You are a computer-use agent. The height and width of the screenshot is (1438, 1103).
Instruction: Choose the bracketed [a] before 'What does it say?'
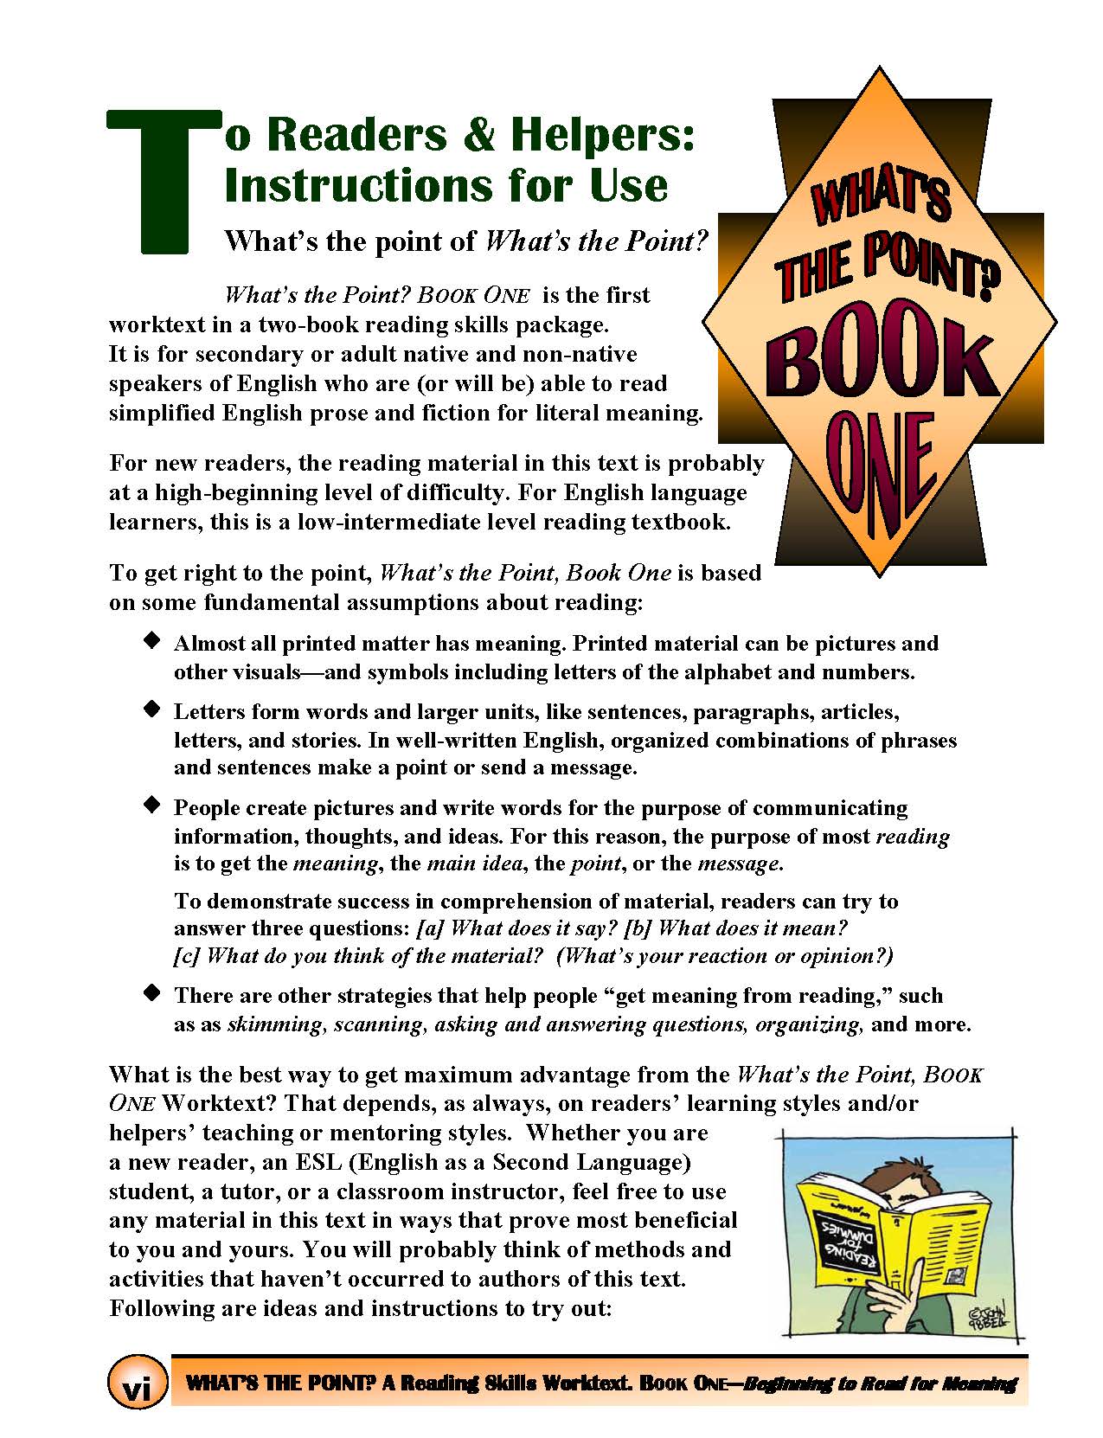[430, 928]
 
